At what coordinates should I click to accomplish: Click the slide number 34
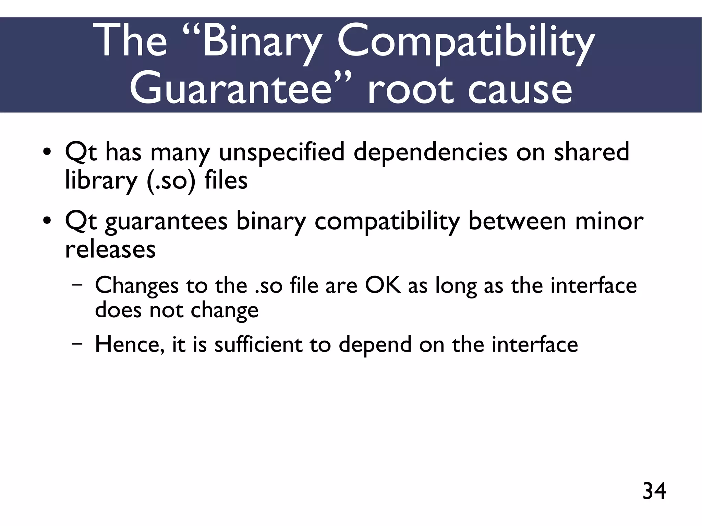[654, 491]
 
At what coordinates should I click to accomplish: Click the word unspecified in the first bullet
[281, 152]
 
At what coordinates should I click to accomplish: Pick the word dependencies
[430, 152]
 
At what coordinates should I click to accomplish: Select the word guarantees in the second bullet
[166, 222]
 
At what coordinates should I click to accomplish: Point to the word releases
[110, 249]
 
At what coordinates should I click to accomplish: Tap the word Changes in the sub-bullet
[137, 286]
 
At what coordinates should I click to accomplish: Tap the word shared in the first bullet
[591, 152]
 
